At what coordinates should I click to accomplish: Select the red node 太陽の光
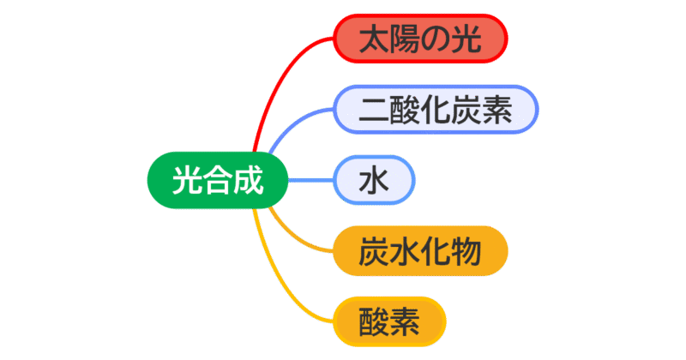pos(420,39)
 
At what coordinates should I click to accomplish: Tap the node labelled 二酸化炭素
pos(435,110)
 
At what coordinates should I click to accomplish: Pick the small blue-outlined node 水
pos(375,181)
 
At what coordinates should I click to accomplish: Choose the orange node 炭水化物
pos(419,252)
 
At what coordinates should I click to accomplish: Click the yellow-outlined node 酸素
pos(389,321)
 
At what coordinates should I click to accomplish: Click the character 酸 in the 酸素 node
pos(374,321)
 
